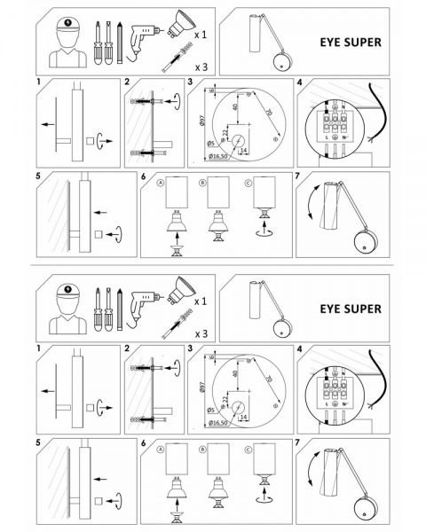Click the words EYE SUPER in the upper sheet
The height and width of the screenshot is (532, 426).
(x=351, y=41)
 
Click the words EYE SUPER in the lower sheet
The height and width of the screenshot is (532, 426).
(x=351, y=309)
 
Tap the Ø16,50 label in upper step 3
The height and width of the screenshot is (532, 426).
(x=219, y=157)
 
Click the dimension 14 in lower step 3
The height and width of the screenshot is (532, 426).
(x=243, y=419)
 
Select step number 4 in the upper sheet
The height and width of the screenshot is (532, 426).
(x=300, y=82)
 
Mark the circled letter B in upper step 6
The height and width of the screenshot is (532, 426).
(x=203, y=183)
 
